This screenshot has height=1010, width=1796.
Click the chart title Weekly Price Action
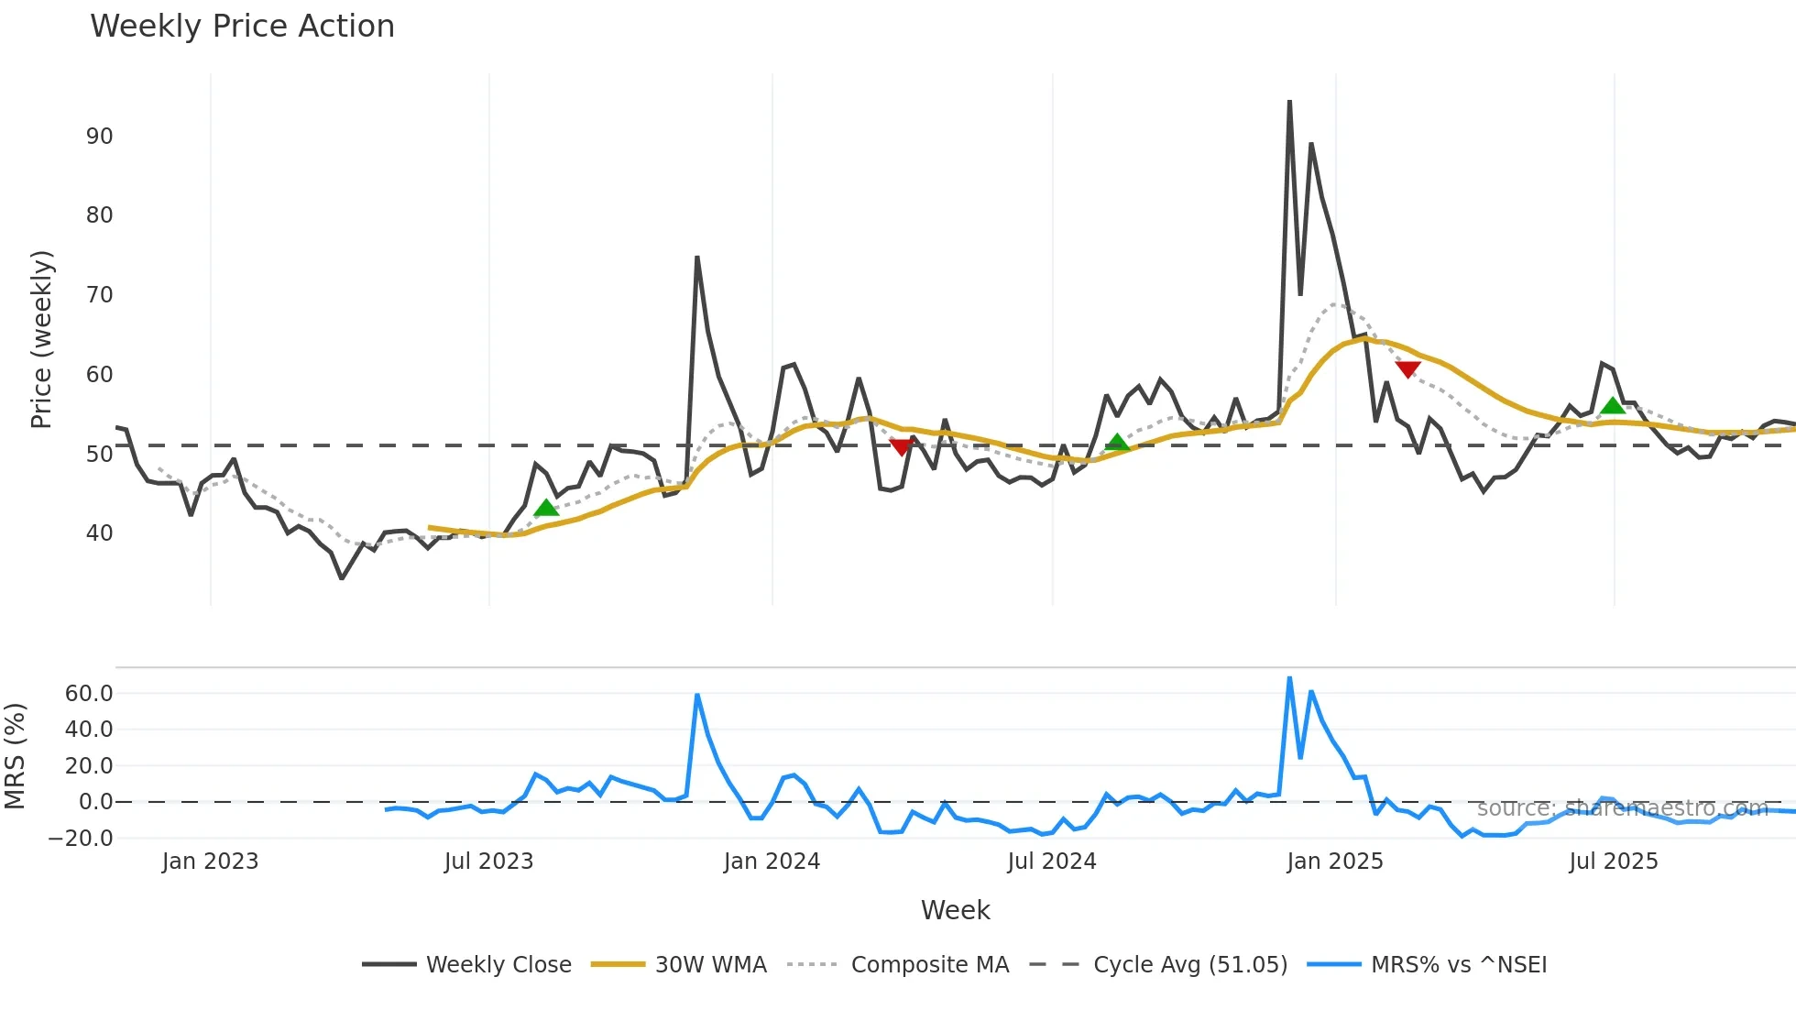click(x=242, y=27)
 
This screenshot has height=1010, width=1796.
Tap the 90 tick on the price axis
click(x=99, y=137)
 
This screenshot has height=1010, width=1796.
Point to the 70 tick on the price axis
click(x=99, y=295)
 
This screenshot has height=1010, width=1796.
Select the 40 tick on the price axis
click(x=99, y=533)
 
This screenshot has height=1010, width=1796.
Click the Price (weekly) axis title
click(x=41, y=339)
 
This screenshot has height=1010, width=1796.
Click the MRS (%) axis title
click(x=15, y=756)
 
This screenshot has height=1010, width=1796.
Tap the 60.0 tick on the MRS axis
click(x=89, y=694)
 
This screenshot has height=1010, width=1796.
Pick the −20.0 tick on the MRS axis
click(x=81, y=839)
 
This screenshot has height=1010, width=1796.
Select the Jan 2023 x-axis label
click(x=210, y=862)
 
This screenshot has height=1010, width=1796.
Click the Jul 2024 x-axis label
click(x=1051, y=862)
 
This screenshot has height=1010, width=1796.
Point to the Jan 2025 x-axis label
click(x=1334, y=862)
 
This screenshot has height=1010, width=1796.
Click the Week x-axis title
click(x=955, y=910)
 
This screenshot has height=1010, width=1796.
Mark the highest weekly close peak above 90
click(x=1289, y=102)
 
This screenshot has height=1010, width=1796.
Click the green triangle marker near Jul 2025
click(x=1613, y=406)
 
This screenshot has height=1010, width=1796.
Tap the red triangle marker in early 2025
click(x=1407, y=369)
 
